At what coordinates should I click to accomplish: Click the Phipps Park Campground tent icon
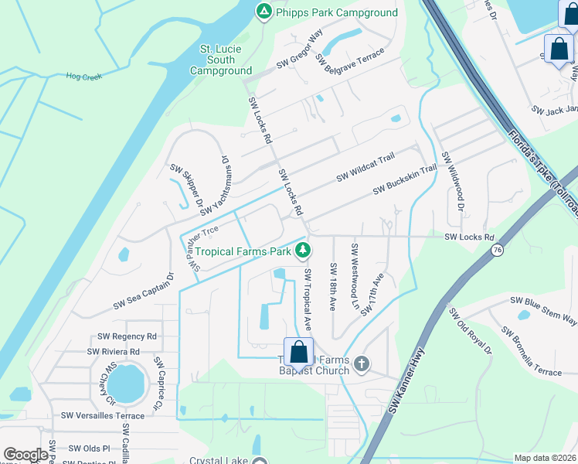[x=263, y=12]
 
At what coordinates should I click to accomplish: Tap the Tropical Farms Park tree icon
[x=304, y=250]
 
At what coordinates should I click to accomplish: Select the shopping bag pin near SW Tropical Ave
[x=298, y=353]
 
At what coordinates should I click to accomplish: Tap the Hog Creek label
[x=84, y=76]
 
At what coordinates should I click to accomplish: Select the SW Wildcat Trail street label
[x=365, y=168]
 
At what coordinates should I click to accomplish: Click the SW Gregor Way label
[x=304, y=48]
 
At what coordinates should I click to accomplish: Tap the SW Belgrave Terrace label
[x=349, y=60]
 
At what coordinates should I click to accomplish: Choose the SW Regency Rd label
[x=127, y=336]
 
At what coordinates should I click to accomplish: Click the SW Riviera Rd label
[x=114, y=351]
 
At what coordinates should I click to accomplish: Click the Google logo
[x=25, y=455]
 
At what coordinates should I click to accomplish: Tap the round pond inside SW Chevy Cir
[x=127, y=381]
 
